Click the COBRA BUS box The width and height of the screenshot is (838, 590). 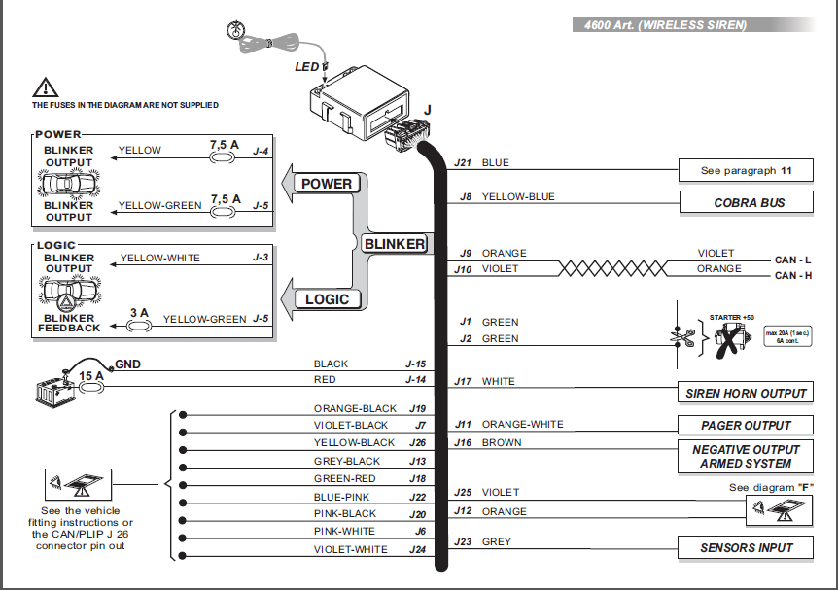point(746,203)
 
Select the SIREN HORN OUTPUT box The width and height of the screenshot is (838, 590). point(746,393)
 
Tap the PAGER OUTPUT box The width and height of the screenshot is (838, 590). point(746,425)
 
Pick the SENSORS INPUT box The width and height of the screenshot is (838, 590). point(746,548)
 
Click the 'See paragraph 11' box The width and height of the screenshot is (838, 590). point(746,171)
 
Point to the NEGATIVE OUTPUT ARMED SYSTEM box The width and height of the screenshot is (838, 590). point(746,456)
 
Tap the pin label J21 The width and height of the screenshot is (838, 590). point(464,163)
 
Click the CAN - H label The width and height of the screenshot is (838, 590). point(792,276)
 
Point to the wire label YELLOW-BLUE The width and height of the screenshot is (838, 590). point(518,196)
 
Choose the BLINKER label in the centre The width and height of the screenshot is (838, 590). point(395,244)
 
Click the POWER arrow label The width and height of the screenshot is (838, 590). point(326,184)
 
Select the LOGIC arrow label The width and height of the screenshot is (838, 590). point(326,299)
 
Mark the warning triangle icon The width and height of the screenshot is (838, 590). point(46,87)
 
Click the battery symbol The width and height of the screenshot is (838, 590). point(51,391)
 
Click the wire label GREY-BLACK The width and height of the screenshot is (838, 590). point(347,461)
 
